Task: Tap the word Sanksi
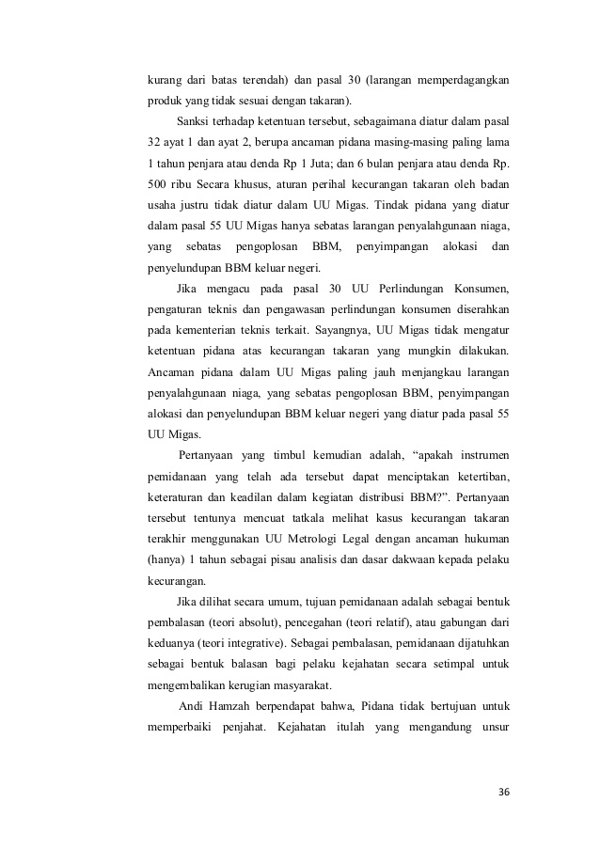pyautogui.click(x=195, y=121)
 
